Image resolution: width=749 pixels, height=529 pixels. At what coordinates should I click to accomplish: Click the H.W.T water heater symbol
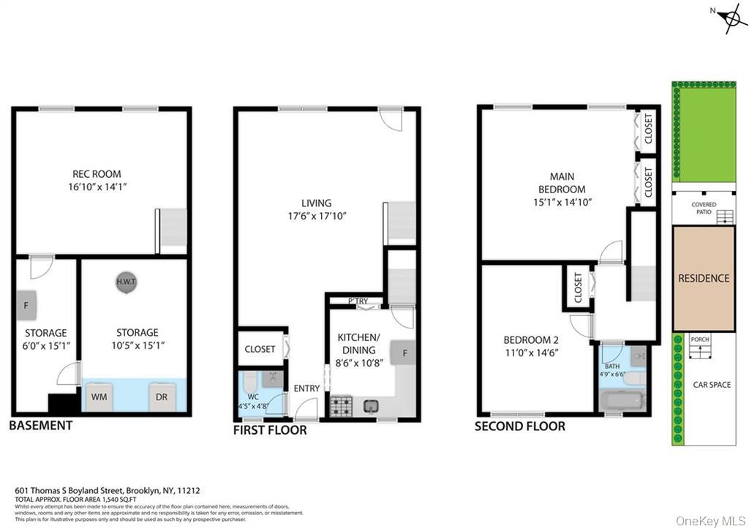tap(125, 282)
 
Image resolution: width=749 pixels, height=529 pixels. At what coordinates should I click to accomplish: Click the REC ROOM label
tap(97, 174)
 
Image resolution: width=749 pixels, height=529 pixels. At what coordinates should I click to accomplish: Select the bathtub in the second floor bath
tap(622, 400)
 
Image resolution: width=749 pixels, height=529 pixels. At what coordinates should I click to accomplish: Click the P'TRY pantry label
tap(358, 301)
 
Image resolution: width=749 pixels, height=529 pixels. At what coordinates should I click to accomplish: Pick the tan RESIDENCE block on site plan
tap(704, 278)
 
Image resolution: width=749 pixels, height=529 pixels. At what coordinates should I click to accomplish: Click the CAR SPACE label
tap(712, 385)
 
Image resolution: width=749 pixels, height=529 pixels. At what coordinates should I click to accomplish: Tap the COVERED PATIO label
tap(704, 209)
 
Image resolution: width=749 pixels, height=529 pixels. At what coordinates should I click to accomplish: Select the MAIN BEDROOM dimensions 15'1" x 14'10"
tap(562, 202)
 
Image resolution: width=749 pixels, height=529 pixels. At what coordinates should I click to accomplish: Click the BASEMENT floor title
tap(42, 425)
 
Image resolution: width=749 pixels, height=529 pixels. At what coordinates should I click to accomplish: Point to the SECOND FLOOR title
tap(519, 426)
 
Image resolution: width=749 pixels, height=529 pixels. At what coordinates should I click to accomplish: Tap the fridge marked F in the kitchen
tap(403, 353)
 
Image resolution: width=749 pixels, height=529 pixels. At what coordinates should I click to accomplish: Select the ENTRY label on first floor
tap(306, 389)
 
